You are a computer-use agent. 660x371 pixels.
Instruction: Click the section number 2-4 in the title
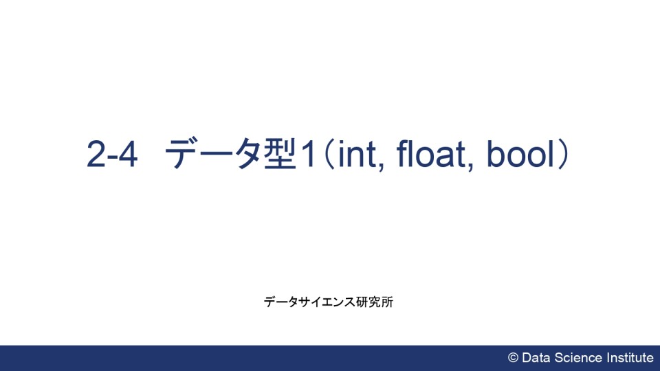click(112, 154)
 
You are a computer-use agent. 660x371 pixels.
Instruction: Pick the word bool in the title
click(520, 154)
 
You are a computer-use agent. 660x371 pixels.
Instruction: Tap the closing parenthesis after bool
click(564, 155)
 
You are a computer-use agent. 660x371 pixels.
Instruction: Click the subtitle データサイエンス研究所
click(329, 302)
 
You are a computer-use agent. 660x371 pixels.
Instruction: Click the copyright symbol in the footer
click(513, 358)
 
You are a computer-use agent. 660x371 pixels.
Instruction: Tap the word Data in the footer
click(536, 358)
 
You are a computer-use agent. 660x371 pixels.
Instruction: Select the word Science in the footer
click(578, 358)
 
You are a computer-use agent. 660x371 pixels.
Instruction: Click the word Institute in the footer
click(630, 358)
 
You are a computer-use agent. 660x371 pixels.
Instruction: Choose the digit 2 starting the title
click(95, 154)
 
